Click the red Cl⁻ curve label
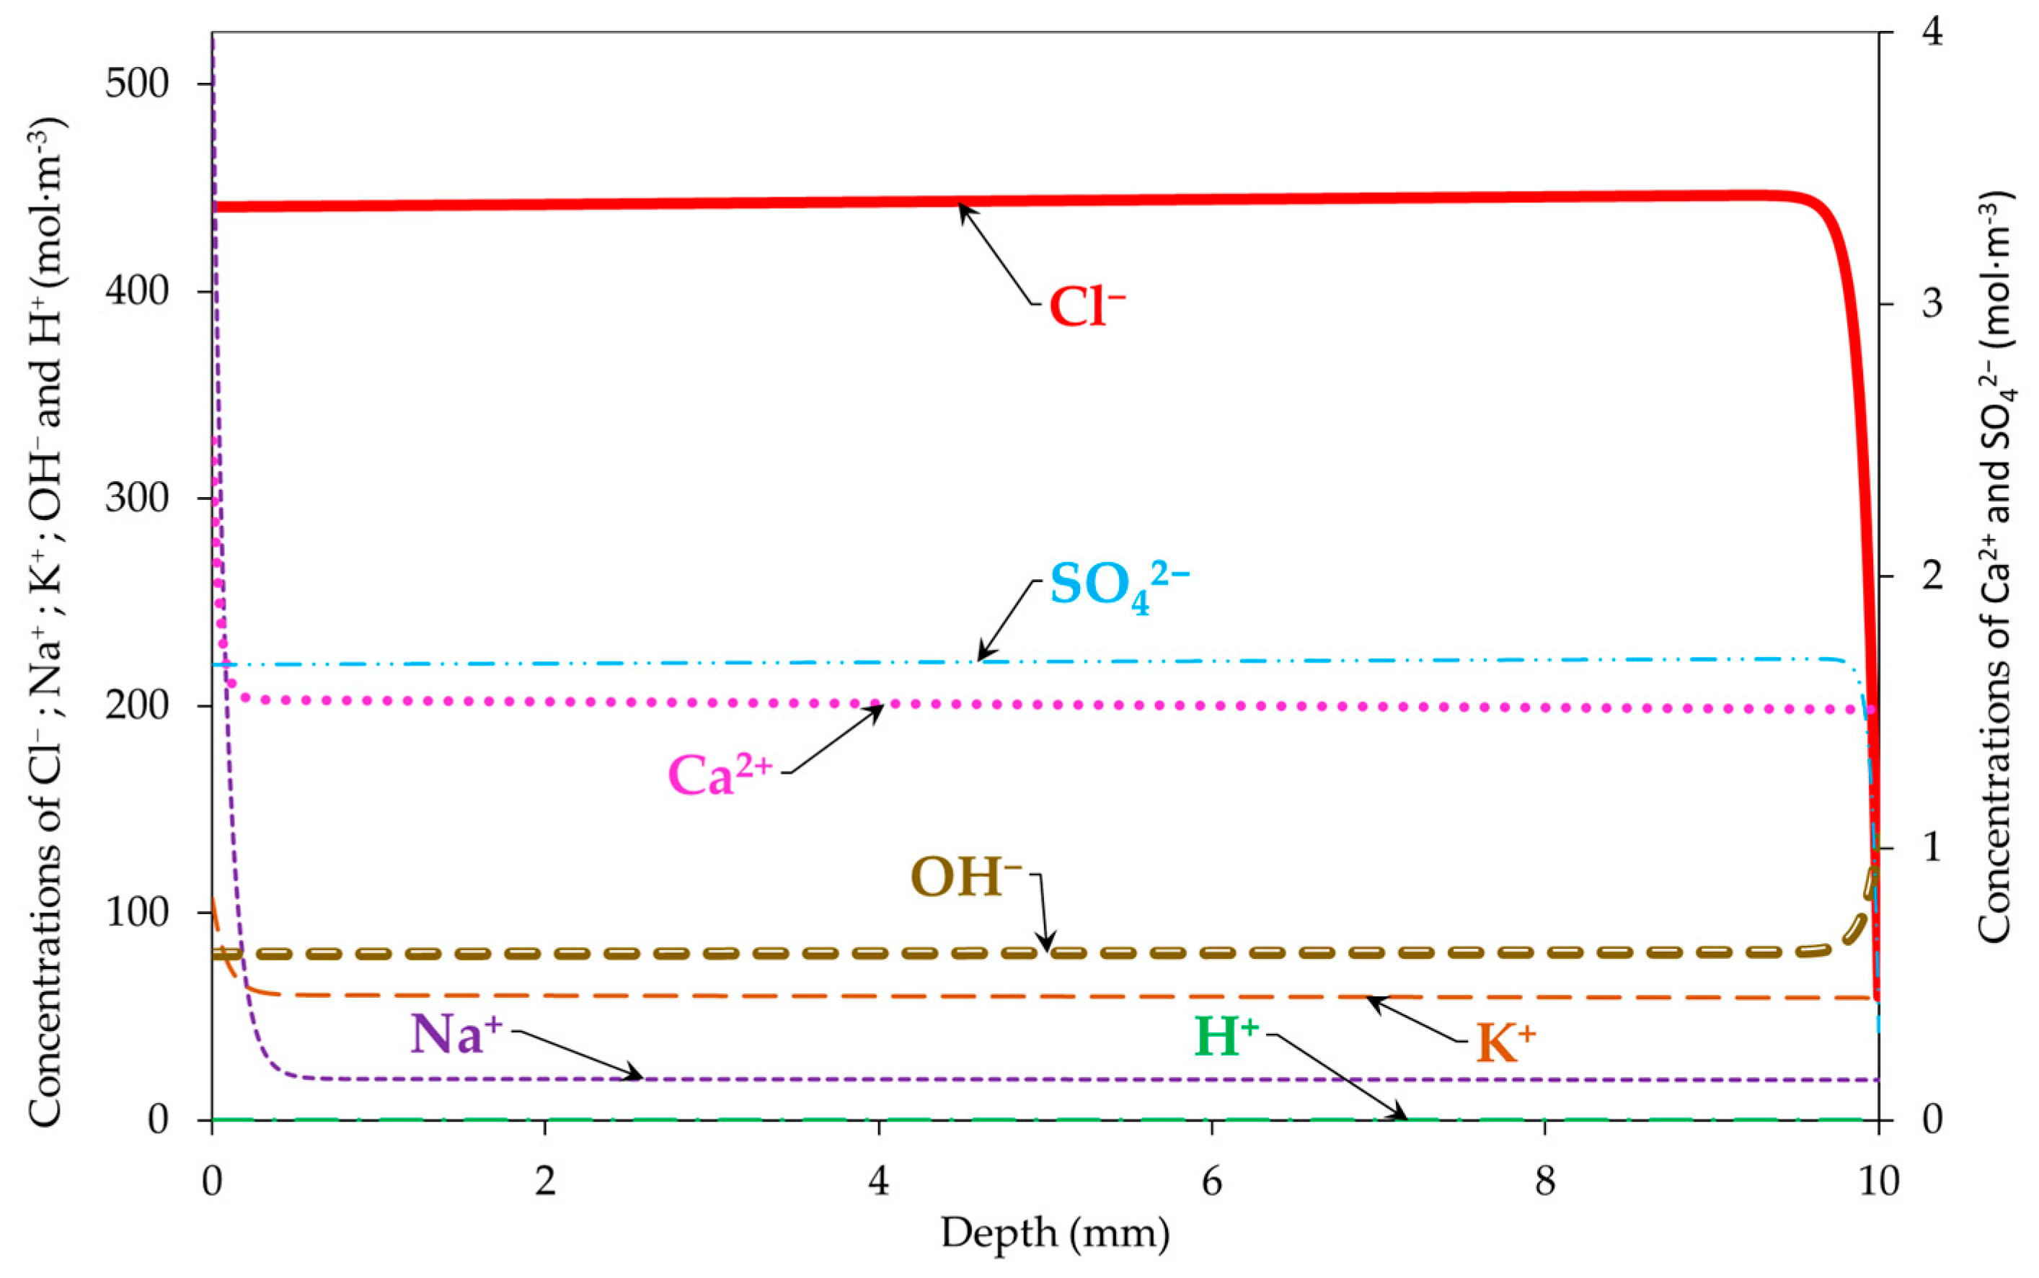tap(1087, 306)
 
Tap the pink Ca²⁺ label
tap(720, 774)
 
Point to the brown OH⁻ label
tap(966, 877)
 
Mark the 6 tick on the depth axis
tap(1212, 1181)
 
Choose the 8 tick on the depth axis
tap(1545, 1181)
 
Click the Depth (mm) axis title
tap(1056, 1233)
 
